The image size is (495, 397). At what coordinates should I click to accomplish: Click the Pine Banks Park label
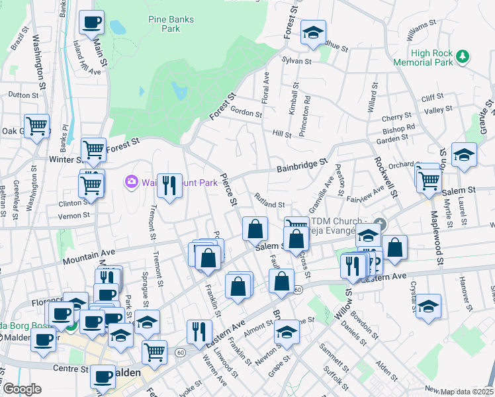[171, 24]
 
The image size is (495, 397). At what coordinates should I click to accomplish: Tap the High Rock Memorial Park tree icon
[464, 58]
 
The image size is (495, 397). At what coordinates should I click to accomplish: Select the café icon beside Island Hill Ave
[91, 22]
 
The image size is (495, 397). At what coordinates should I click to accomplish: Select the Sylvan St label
[296, 60]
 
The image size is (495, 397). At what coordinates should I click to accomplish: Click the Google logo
[22, 389]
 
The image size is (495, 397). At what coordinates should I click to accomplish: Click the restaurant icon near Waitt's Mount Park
[170, 186]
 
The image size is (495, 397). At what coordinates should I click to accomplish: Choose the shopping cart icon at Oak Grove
[37, 125]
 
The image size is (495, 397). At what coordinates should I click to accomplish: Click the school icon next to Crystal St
[429, 306]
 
